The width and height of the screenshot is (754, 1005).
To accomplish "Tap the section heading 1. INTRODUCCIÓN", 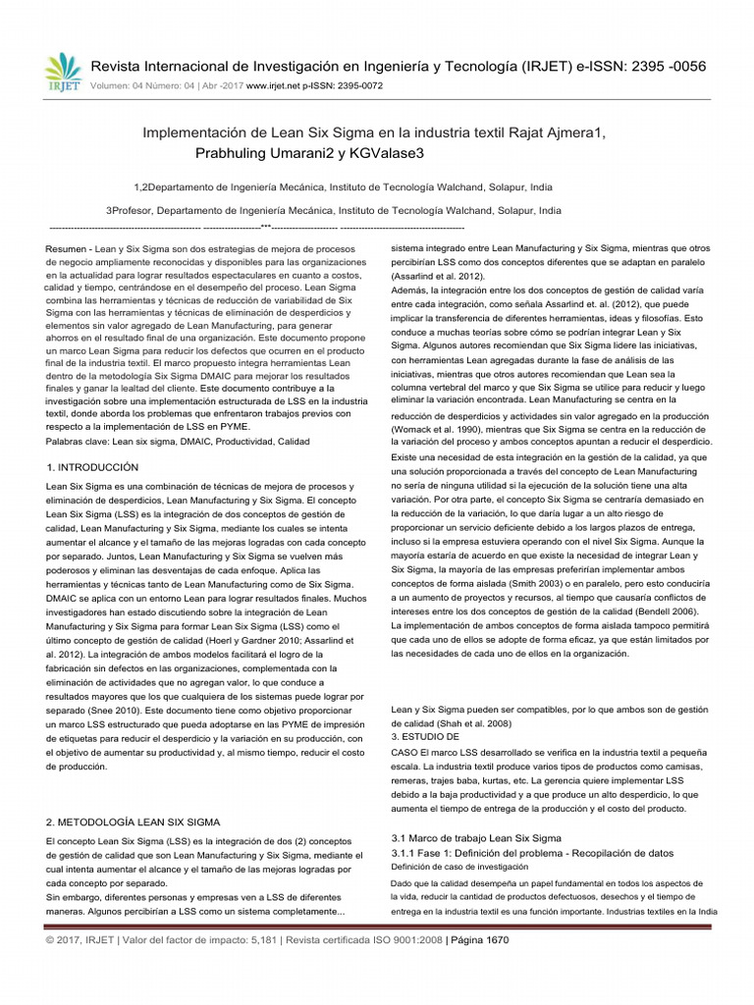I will coord(93,467).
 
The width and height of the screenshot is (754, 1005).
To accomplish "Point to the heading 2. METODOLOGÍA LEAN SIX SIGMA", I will coord(134,820).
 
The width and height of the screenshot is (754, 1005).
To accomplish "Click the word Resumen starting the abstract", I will coord(66,249).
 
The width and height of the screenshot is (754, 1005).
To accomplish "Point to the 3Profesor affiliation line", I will coord(333,210).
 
